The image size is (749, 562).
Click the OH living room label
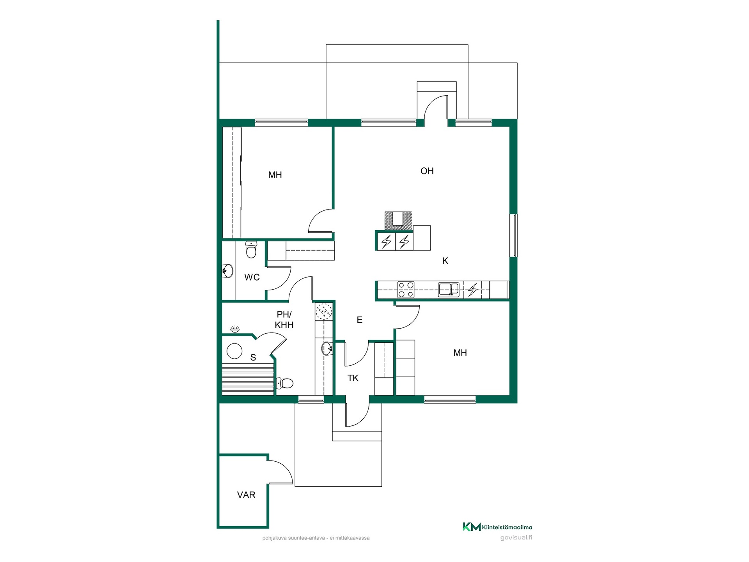point(427,171)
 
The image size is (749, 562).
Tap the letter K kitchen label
point(445,261)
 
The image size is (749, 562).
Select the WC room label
point(252,277)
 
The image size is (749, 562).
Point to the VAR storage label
point(246,495)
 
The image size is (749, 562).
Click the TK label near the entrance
point(353,378)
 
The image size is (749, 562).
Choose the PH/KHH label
point(284,320)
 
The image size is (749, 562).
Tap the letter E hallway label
point(360,320)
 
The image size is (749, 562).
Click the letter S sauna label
point(253,357)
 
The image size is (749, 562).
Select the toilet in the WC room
point(251,250)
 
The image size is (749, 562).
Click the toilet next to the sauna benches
point(285,383)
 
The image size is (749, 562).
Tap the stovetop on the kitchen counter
point(406,290)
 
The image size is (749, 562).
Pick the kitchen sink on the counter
point(449,290)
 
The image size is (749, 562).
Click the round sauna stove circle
point(235,351)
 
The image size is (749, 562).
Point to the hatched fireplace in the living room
point(398,221)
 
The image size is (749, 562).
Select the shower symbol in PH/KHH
point(235,329)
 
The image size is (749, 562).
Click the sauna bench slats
point(248,378)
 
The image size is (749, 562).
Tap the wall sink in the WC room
point(228,270)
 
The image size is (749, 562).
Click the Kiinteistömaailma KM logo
point(497,527)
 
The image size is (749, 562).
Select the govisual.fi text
point(516,538)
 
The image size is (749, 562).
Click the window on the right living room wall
point(514,235)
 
